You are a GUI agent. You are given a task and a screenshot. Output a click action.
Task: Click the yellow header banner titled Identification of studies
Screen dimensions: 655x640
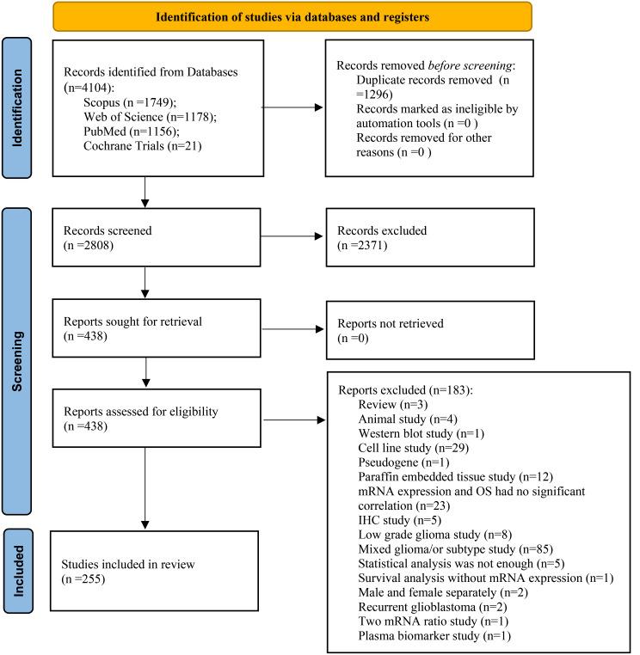(x=292, y=16)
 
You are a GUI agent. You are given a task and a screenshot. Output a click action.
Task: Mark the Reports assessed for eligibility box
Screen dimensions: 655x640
(x=154, y=419)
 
